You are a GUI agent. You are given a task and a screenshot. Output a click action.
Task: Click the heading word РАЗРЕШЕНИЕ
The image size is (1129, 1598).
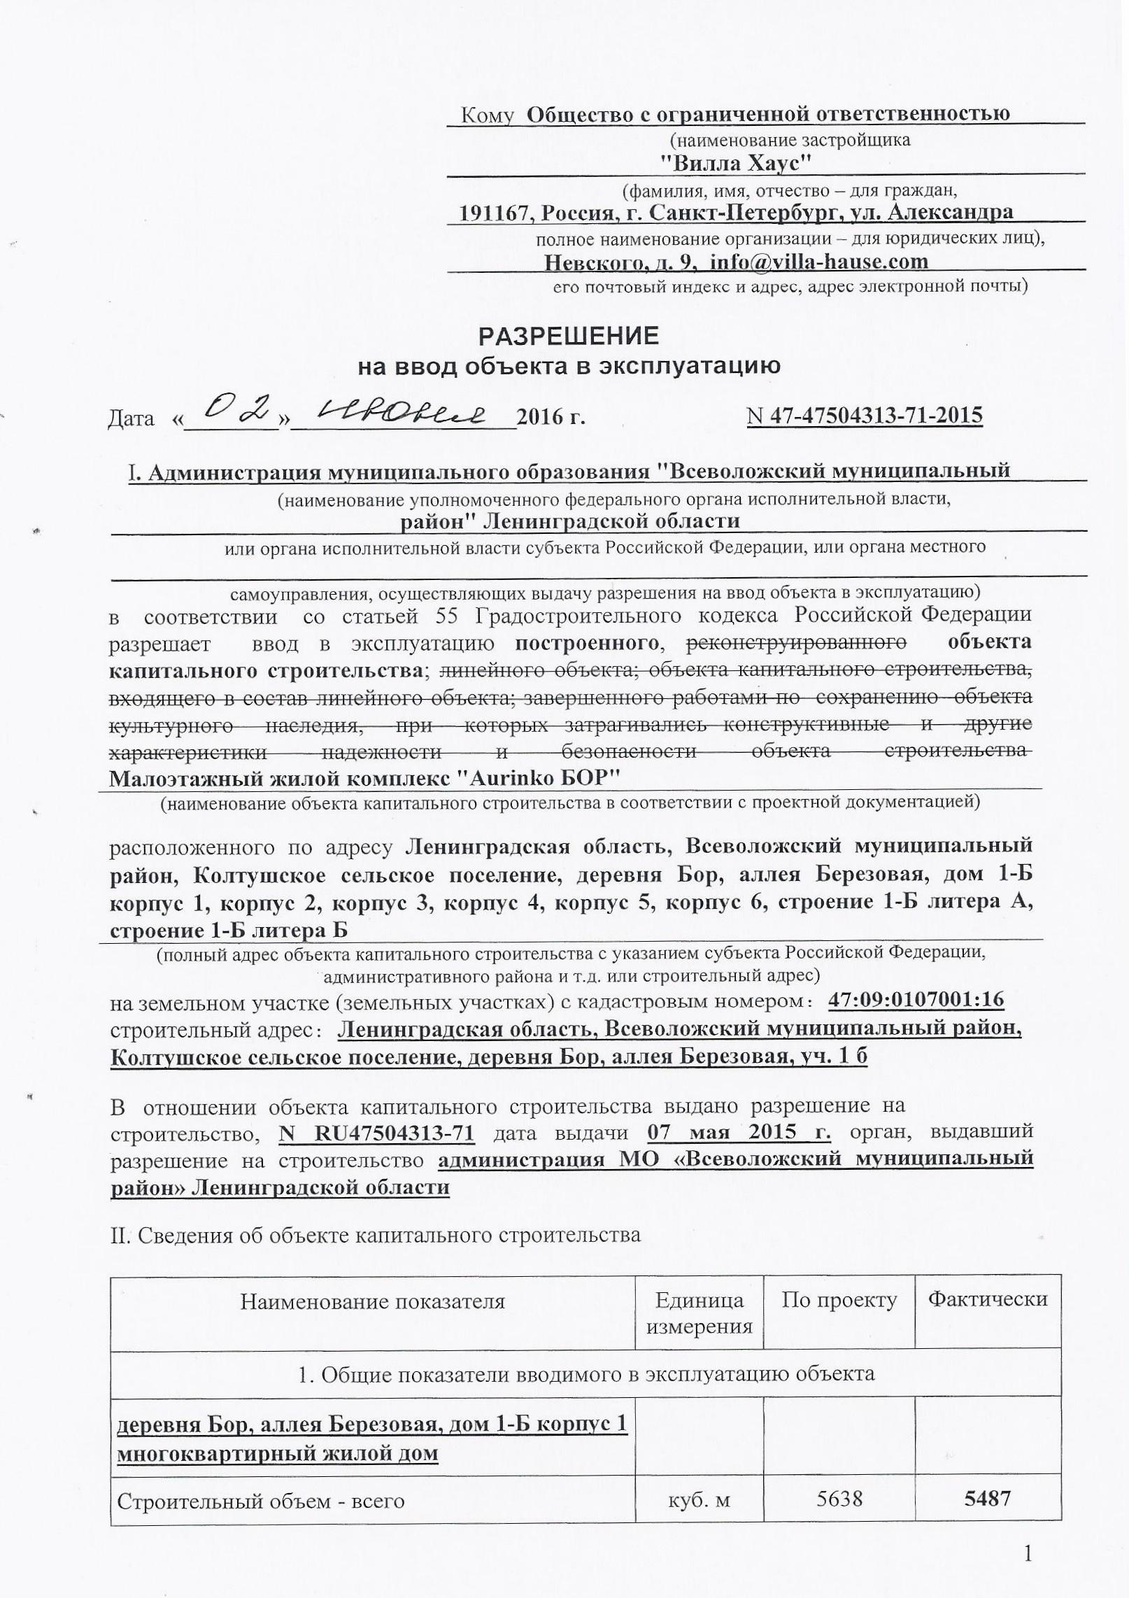(568, 337)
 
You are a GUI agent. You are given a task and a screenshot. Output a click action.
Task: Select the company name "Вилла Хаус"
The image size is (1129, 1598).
(735, 163)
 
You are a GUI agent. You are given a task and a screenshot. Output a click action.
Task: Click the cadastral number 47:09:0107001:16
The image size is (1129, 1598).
(916, 1000)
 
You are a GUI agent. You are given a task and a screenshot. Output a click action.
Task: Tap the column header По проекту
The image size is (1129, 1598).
(839, 1300)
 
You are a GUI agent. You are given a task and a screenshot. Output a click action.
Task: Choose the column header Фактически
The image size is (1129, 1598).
(987, 1300)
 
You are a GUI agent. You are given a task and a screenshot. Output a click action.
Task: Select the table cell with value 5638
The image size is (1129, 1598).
(839, 1499)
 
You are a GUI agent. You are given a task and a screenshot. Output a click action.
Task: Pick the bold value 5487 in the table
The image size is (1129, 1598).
(988, 1499)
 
